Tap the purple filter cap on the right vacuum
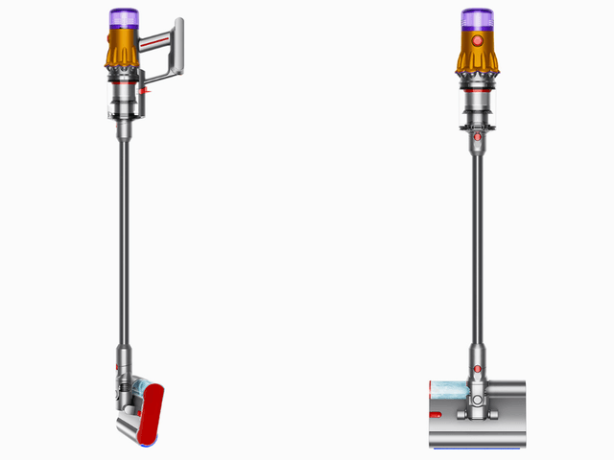[x=476, y=19]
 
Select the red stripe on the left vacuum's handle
[x=164, y=42]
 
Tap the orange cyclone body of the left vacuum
[x=123, y=52]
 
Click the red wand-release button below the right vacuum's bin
[x=476, y=137]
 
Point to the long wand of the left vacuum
[x=124, y=240]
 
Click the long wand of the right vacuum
[x=476, y=249]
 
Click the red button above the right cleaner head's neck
[x=476, y=368]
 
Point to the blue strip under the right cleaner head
[x=476, y=448]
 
